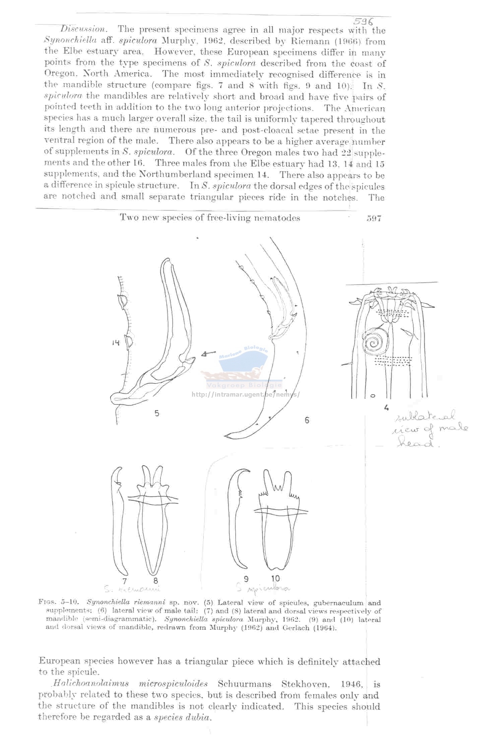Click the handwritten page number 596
click(363, 22)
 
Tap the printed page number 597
click(374, 218)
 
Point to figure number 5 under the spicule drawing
click(157, 413)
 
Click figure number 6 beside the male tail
click(307, 420)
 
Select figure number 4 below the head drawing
click(386, 408)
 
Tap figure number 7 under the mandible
click(125, 581)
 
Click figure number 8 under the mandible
click(156, 581)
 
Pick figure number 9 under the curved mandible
click(246, 579)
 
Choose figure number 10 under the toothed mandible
click(275, 579)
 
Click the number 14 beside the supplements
click(116, 342)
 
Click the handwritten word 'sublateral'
click(426, 417)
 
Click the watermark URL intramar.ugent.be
click(245, 394)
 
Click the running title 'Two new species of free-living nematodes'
click(210, 218)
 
